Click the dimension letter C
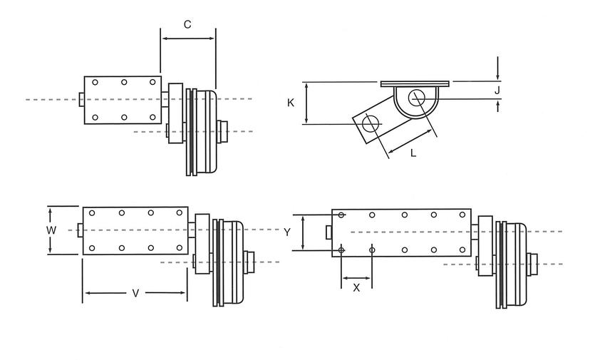pyautogui.click(x=187, y=24)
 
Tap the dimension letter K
pyautogui.click(x=291, y=103)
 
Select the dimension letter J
pyautogui.click(x=498, y=90)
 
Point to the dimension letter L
pyautogui.click(x=414, y=152)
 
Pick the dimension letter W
pyautogui.click(x=51, y=230)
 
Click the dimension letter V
pyautogui.click(x=135, y=293)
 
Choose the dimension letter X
pyautogui.click(x=357, y=287)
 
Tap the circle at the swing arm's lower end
pyautogui.click(x=370, y=123)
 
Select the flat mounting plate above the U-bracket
pyautogui.click(x=415, y=83)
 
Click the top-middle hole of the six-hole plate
pyautogui.click(x=124, y=83)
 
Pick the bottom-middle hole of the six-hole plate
pyautogui.click(x=124, y=117)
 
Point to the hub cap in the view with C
pyautogui.click(x=223, y=130)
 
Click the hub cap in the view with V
pyautogui.click(x=249, y=262)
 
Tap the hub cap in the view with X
pyautogui.click(x=532, y=264)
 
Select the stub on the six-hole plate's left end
pyautogui.click(x=81, y=99)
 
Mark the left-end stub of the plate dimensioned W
pyautogui.click(x=79, y=230)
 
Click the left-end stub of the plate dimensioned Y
pyautogui.click(x=328, y=232)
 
